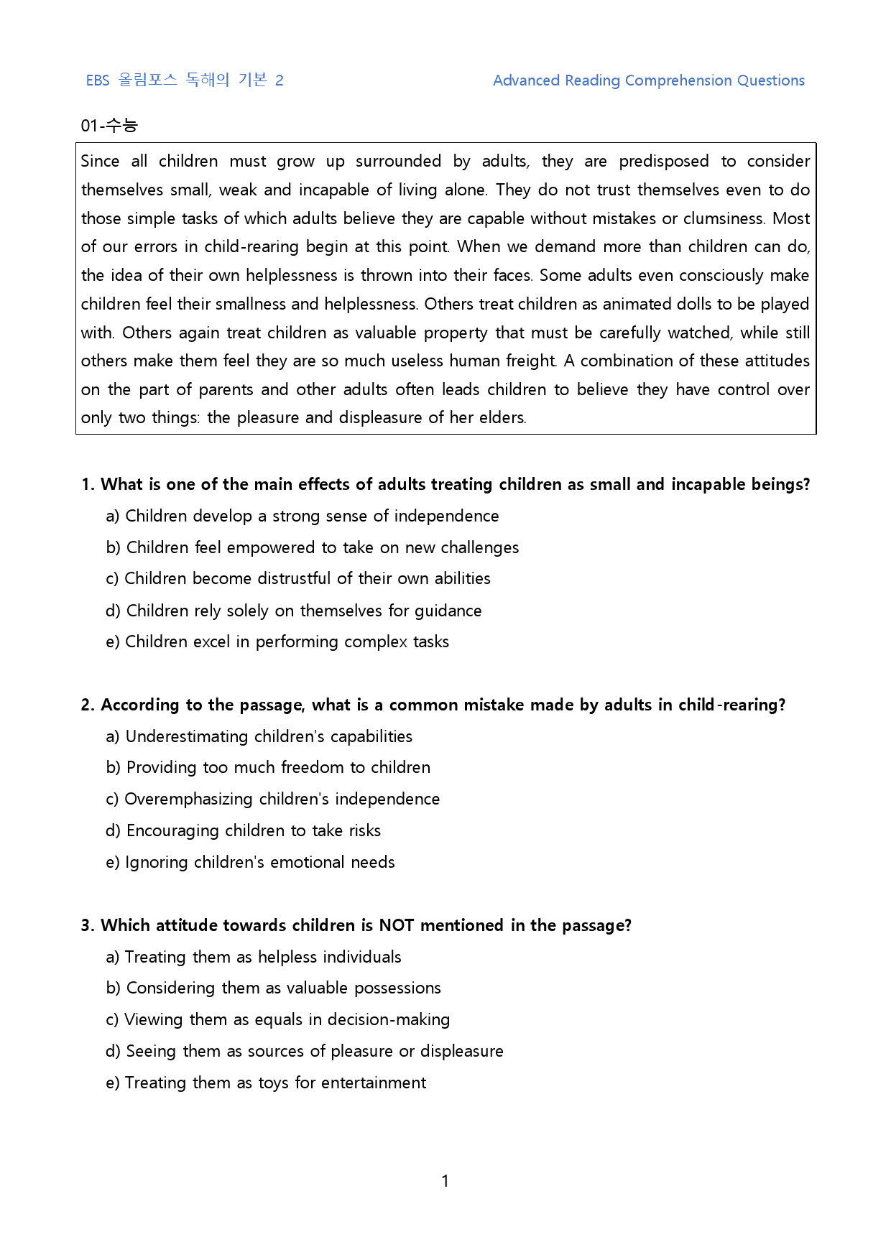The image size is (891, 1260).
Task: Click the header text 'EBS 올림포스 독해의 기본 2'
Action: tap(185, 80)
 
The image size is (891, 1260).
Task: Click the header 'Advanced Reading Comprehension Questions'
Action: tap(648, 80)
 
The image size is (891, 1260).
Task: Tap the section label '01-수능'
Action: tap(109, 126)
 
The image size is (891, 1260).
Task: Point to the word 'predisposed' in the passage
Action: tap(663, 161)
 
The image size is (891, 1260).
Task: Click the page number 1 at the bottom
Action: tap(445, 1181)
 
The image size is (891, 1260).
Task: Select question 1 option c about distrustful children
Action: tap(298, 578)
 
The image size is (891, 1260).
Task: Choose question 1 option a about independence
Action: tap(303, 516)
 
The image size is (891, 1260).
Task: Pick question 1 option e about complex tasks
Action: tap(277, 641)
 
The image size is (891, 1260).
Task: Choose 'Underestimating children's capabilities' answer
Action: tap(259, 736)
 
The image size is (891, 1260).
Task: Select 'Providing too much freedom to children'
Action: tap(268, 767)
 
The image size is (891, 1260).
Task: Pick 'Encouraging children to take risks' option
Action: tap(243, 830)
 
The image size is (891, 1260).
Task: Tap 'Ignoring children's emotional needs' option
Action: tap(250, 862)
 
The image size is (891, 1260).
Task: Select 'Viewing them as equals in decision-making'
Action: tap(278, 1019)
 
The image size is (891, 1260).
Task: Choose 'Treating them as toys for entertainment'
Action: tap(266, 1083)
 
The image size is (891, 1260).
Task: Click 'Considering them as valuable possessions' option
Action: tap(274, 988)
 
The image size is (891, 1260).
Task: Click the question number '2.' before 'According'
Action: tap(88, 705)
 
